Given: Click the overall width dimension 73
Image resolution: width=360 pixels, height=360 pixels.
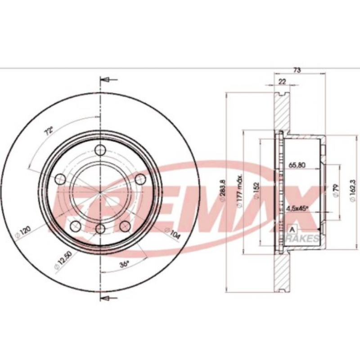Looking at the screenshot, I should coord(297,70).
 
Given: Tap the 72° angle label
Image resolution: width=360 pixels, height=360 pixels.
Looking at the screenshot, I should coord(49,131).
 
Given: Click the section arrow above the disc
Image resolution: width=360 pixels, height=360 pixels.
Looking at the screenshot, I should coord(105,80).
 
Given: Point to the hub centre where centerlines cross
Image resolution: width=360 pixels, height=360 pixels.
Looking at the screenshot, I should coord(99,189).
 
